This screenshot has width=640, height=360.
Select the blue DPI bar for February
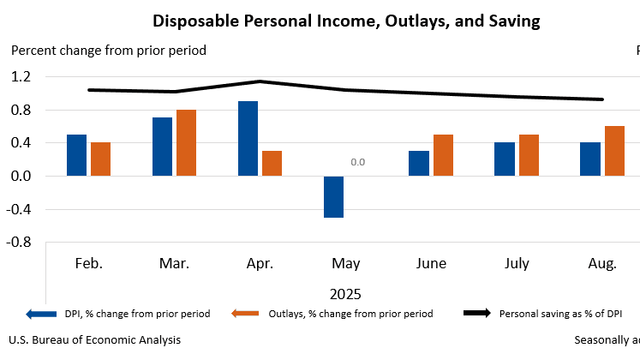pyautogui.click(x=76, y=155)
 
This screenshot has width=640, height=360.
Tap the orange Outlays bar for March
pyautogui.click(x=186, y=142)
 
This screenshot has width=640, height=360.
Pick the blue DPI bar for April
pyautogui.click(x=248, y=138)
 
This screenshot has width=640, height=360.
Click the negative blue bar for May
pyautogui.click(x=333, y=196)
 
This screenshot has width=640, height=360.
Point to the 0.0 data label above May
pyautogui.click(x=357, y=162)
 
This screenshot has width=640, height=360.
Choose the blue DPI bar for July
pyautogui.click(x=504, y=159)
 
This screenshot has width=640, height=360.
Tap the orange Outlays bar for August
pyautogui.click(x=614, y=151)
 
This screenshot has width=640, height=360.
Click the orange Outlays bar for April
pyautogui.click(x=272, y=163)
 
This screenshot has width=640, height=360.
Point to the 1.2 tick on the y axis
pyautogui.click(x=21, y=77)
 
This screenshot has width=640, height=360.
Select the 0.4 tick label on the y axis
pyautogui.click(x=21, y=143)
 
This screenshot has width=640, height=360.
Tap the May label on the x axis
pyautogui.click(x=345, y=263)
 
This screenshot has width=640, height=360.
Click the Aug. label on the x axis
pyautogui.click(x=602, y=263)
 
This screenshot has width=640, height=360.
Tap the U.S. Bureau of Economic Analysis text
pyautogui.click(x=96, y=340)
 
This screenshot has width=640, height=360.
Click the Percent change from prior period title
pyautogui.click(x=109, y=51)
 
